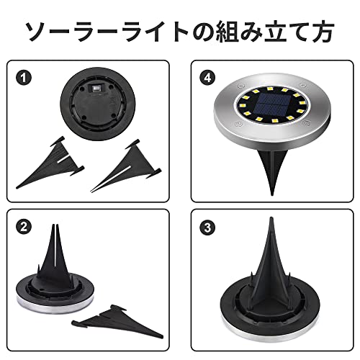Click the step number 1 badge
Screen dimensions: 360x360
pyautogui.click(x=24, y=78)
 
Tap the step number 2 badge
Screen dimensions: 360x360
pyautogui.click(x=24, y=227)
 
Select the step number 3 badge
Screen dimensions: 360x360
pyautogui.click(x=208, y=227)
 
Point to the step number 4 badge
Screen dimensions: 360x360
pyautogui.click(x=208, y=78)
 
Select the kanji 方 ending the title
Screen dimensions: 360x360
pyautogui.click(x=321, y=32)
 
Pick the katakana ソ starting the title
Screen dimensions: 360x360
pyautogui.click(x=38, y=32)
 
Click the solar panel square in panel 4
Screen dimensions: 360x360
pyautogui.click(x=271, y=104)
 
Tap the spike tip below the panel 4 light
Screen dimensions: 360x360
pyautogui.click(x=272, y=194)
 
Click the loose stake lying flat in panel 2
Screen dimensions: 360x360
pyautogui.click(x=117, y=322)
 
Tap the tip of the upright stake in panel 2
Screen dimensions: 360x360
pyautogui.click(x=55, y=225)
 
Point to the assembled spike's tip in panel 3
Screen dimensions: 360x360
pyautogui.click(x=271, y=218)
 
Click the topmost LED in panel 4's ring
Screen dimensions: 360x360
pyautogui.click(x=269, y=89)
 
